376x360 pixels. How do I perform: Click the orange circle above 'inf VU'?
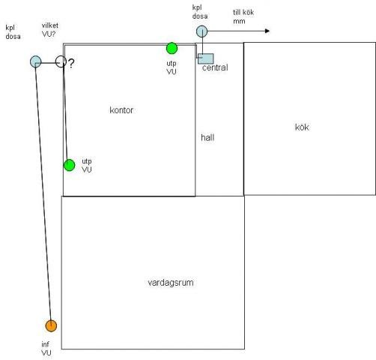(51, 325)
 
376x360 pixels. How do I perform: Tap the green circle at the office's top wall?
(172, 48)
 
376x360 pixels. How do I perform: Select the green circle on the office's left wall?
(69, 165)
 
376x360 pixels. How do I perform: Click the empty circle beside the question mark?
(61, 61)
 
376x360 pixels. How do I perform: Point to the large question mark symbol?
(71, 64)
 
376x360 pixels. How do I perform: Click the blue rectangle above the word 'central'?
(206, 58)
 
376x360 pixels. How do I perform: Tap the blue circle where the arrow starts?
(201, 31)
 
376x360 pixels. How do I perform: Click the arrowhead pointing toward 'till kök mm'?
(267, 31)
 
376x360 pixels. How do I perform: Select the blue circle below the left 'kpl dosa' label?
(36, 61)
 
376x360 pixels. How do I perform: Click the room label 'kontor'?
(121, 110)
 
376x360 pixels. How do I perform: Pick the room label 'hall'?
(207, 137)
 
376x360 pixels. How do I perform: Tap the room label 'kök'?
(302, 127)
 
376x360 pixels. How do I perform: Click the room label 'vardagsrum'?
(171, 283)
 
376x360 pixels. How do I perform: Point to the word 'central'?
(215, 67)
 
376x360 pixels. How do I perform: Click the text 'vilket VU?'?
(50, 30)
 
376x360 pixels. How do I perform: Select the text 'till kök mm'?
(243, 16)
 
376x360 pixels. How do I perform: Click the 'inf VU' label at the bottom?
(46, 349)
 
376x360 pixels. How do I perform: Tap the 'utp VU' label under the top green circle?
(172, 67)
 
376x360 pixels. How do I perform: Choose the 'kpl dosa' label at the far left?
(13, 32)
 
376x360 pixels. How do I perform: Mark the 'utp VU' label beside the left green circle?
(87, 166)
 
